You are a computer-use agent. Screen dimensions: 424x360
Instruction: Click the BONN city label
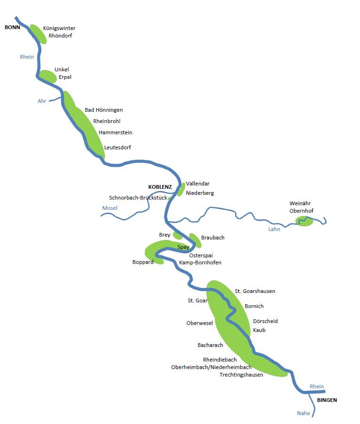tap(12, 27)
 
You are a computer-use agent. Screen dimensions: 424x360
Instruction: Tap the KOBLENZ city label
tap(160, 186)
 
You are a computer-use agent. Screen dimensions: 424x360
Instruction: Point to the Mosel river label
tap(110, 208)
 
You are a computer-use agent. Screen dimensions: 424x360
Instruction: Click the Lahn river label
tap(274, 229)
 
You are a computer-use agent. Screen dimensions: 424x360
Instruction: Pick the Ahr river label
tap(42, 101)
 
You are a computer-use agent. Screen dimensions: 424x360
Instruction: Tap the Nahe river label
tap(303, 413)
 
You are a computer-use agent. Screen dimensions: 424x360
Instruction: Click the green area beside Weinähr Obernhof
tap(304, 221)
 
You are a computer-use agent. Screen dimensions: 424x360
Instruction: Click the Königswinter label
tap(59, 28)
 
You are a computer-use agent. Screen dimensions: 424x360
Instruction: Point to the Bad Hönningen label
tap(103, 110)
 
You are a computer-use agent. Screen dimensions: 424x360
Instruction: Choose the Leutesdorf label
tap(117, 147)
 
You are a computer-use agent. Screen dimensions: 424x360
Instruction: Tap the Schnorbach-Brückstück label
tap(138, 198)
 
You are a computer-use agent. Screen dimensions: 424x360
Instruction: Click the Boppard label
tap(143, 262)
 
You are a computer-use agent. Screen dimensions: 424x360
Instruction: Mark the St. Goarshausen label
tap(255, 291)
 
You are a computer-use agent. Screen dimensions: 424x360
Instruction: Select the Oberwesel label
tap(199, 323)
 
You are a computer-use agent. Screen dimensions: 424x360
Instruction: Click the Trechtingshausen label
tap(241, 375)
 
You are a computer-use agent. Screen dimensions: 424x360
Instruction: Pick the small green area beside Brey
tap(178, 235)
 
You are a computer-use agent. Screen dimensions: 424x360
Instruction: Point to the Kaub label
tap(259, 330)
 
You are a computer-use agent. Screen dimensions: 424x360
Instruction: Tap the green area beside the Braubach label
tap(195, 240)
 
